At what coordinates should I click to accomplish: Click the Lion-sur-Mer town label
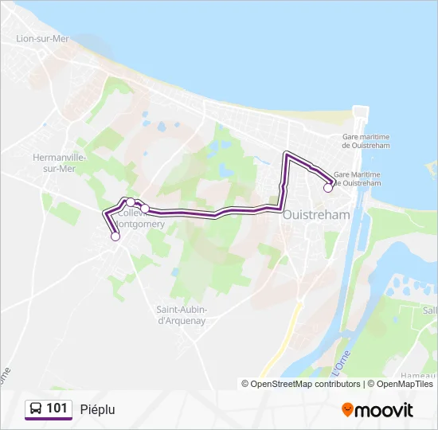point(41,37)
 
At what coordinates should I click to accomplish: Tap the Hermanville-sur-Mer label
point(59,162)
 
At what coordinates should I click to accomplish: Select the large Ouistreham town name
point(316,215)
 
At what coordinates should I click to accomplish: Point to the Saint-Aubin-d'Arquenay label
point(182,315)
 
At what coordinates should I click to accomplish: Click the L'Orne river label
point(342,362)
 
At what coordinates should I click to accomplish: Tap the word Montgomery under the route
point(143,225)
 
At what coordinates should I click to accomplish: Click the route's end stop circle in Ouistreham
point(328,188)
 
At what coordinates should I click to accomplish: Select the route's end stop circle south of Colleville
point(115,236)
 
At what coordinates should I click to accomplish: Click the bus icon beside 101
point(35,408)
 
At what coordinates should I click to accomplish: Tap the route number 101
point(57,408)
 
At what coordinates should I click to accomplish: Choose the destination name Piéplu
point(98,409)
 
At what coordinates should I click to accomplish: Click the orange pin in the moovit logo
point(347,409)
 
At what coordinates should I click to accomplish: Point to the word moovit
point(385,409)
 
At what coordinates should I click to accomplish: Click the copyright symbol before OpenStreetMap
point(245,384)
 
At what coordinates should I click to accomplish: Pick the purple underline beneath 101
point(48,419)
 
